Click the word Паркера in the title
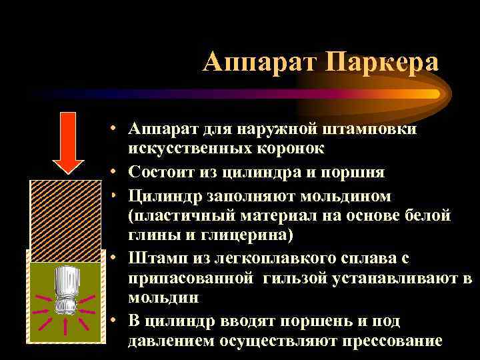pos(382,63)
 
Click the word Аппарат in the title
pos(259,63)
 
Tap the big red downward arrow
pos(68,141)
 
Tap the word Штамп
pos(151,259)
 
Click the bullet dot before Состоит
pos(116,171)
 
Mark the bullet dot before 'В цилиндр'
pos(116,321)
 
